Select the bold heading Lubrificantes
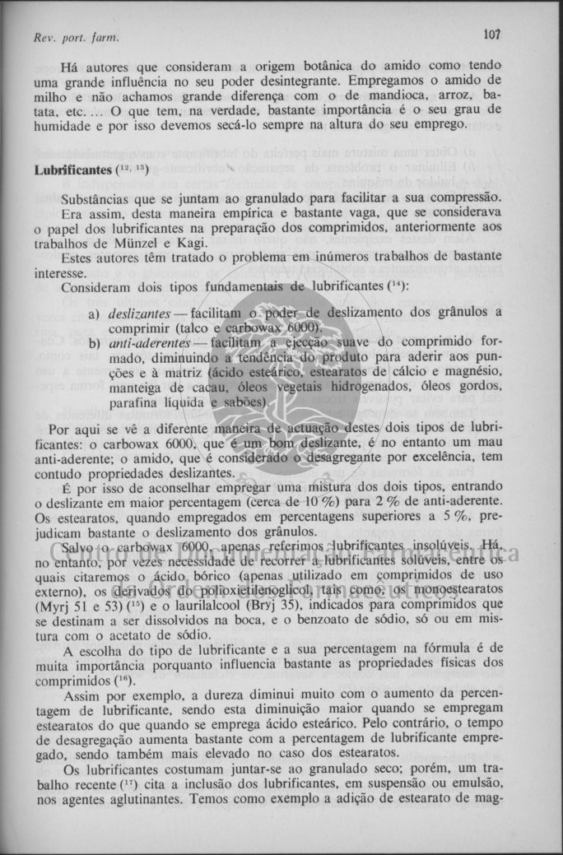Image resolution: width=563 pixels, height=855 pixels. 72,170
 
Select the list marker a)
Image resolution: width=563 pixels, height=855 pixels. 93,314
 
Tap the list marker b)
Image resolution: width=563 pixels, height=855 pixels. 93,343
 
